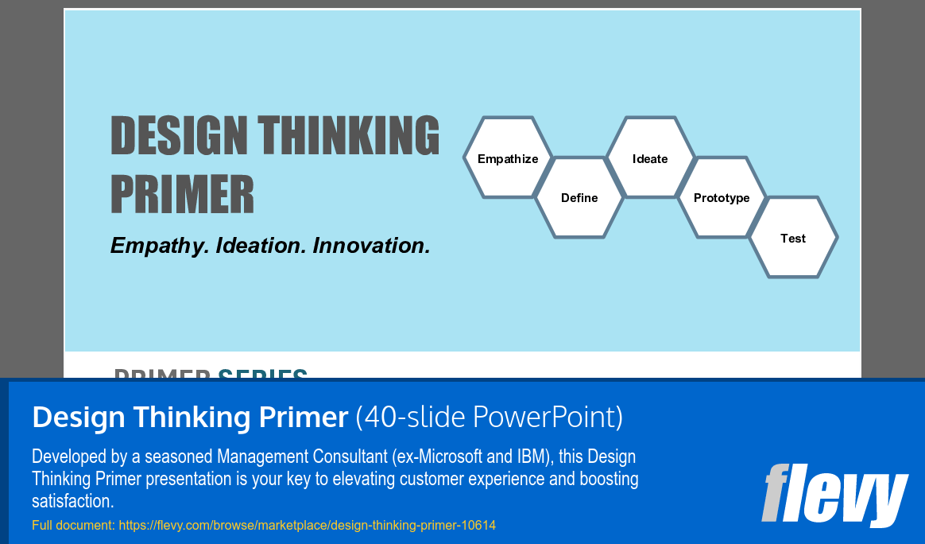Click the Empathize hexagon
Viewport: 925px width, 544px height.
coord(508,158)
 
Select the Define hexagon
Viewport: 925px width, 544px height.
coord(579,198)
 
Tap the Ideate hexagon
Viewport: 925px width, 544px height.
coord(650,158)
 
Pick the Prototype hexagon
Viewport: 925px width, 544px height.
coord(722,198)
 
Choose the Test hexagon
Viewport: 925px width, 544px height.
coord(793,238)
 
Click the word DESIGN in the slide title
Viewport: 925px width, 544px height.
coord(179,135)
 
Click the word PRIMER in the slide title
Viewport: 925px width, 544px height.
coord(182,194)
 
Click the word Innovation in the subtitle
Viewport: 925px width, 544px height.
coord(371,246)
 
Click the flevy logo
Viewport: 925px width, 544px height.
coord(834,493)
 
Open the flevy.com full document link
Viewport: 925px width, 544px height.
coord(307,526)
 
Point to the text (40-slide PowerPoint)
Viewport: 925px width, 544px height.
coord(489,417)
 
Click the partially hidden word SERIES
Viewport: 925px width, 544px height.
coord(262,373)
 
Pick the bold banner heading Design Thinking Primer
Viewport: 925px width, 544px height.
coord(190,417)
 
